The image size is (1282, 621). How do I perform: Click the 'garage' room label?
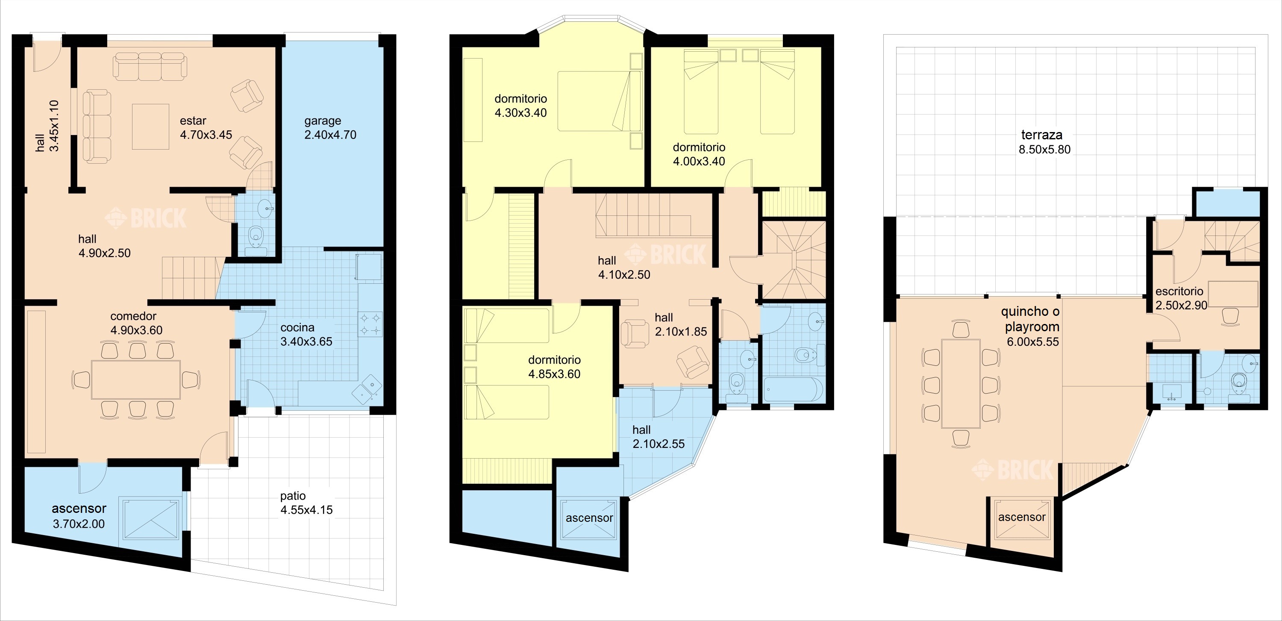[x=323, y=121]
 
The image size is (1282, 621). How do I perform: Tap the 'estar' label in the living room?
[x=193, y=121]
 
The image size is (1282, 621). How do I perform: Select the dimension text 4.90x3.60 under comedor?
[x=136, y=330]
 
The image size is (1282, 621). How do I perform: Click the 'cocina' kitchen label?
[x=297, y=327]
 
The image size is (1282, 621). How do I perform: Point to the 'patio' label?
[x=293, y=496]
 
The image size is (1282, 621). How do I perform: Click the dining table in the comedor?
[x=136, y=379]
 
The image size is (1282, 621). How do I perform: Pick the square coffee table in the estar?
[x=150, y=127]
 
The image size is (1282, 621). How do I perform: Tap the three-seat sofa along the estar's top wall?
[x=150, y=66]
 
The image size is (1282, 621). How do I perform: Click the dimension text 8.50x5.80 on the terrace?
[x=1044, y=149]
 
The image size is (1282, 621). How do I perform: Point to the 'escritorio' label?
[x=1179, y=291]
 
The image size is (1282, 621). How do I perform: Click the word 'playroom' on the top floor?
[x=1032, y=327]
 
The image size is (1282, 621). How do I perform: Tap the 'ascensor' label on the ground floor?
[x=79, y=509]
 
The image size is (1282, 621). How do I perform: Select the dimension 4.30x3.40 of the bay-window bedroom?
[x=520, y=113]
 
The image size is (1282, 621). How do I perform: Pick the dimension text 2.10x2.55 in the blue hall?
[x=659, y=444]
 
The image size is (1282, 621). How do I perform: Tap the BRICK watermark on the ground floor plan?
[x=145, y=218]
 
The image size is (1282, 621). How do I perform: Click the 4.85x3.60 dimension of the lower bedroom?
[x=554, y=374]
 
